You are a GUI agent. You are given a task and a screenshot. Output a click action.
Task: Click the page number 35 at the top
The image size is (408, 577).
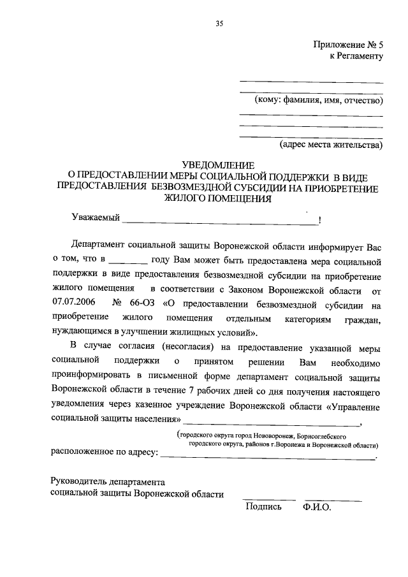tap(219, 24)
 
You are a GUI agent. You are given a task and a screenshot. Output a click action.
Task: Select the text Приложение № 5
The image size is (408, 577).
tap(347, 45)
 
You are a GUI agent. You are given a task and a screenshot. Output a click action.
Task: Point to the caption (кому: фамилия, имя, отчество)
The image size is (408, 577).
tap(315, 101)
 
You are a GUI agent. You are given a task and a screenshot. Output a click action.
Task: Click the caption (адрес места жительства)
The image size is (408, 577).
tap(331, 145)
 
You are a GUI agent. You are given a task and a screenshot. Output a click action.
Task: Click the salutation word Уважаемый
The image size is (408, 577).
tap(96, 219)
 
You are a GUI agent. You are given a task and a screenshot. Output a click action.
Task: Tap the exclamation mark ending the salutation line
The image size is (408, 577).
tap(319, 221)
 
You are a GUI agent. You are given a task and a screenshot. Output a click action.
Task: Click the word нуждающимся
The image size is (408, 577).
tap(83, 332)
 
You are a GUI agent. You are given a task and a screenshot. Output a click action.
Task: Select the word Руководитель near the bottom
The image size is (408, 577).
tap(78, 481)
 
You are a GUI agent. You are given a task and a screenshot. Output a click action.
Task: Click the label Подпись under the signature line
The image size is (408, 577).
tap(263, 508)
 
